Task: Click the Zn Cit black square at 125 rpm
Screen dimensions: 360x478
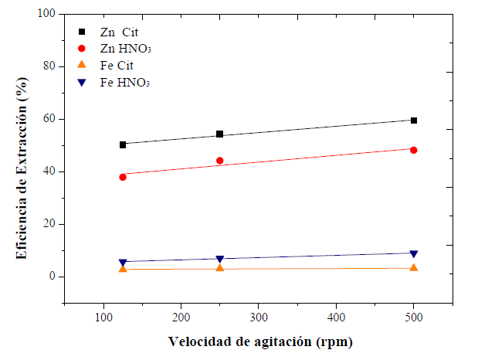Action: (x=123, y=144)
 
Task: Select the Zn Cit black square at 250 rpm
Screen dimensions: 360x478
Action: (x=220, y=134)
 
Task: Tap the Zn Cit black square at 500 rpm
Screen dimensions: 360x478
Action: (x=414, y=121)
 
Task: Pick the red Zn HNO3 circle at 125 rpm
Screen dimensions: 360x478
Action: (x=123, y=177)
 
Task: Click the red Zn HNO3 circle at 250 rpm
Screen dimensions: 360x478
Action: (x=220, y=161)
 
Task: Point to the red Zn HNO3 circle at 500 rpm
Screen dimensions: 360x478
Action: (x=414, y=150)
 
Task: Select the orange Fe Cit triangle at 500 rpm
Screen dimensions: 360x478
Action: (x=414, y=267)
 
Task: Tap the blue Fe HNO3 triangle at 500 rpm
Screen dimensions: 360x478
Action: (x=414, y=253)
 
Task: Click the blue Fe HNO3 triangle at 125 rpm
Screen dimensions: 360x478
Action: (x=123, y=263)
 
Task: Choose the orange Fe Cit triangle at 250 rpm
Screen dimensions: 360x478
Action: (x=220, y=267)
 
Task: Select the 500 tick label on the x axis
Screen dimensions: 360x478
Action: (x=414, y=318)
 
